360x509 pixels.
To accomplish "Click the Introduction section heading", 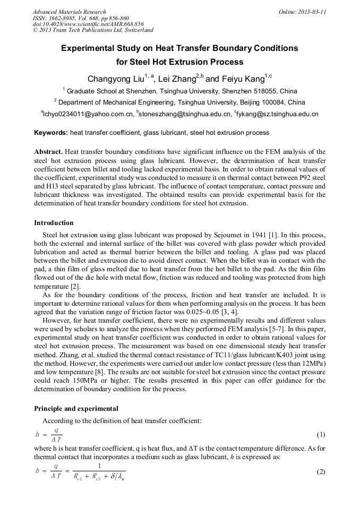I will click(54, 223).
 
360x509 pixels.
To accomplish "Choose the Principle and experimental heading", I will click(77, 409).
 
